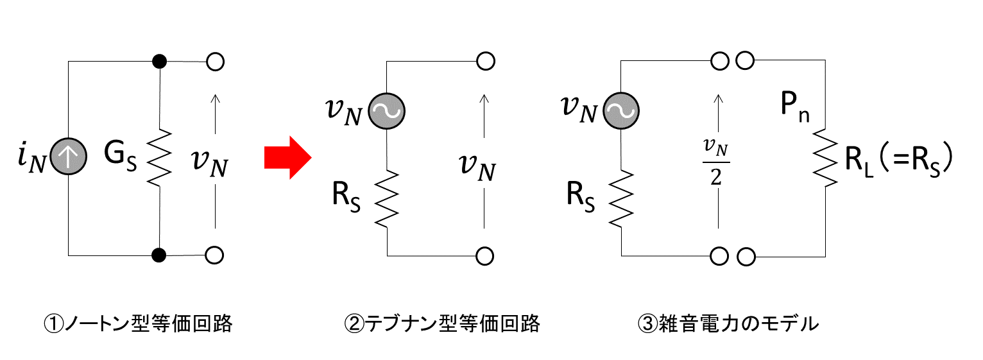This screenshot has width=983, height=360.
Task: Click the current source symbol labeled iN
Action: pos(68,157)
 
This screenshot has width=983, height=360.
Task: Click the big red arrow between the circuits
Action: pos(288,158)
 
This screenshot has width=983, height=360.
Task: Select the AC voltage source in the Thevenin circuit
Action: pos(387,111)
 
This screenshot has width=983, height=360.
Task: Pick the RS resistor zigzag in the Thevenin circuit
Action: pos(387,199)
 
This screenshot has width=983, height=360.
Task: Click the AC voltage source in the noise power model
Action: pos(621,110)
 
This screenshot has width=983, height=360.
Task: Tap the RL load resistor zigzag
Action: pos(825,158)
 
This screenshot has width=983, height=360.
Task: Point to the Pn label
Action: pos(795,108)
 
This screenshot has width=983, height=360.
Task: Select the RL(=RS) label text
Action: pos(899,160)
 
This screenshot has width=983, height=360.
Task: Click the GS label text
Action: pos(120,157)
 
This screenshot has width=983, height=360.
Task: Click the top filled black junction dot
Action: pos(159,62)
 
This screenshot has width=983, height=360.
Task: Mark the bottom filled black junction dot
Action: pos(159,255)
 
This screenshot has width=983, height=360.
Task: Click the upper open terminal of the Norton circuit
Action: pos(215,62)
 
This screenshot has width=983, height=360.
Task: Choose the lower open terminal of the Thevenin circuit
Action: pos(485,256)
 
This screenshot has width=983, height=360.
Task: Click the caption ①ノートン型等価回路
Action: pos(138,324)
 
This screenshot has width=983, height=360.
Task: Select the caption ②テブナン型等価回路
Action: pos(442,324)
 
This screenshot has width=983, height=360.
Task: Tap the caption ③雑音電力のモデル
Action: pos(728,324)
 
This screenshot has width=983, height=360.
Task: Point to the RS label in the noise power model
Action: pos(581,196)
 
